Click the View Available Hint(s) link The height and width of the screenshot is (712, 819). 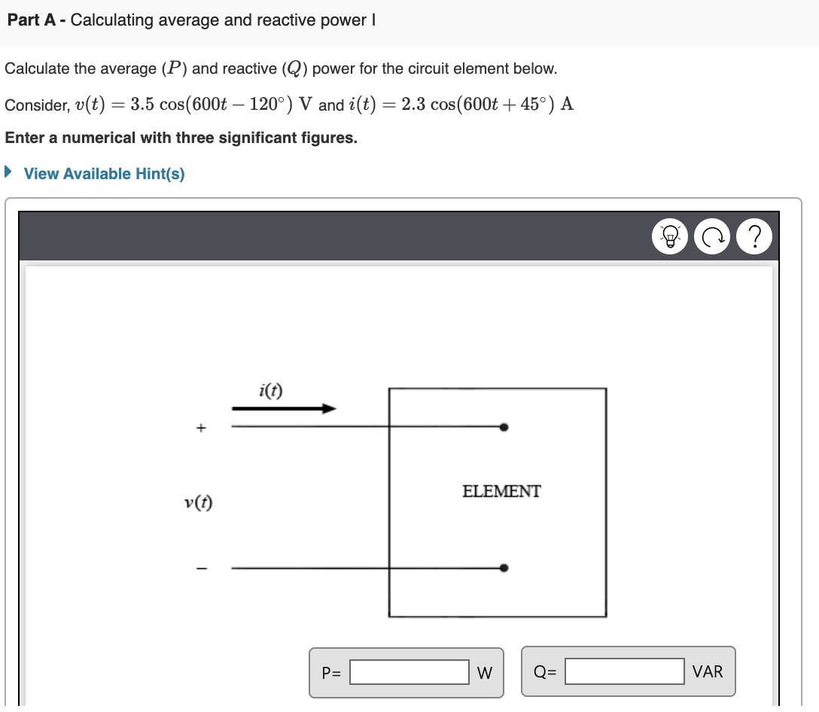[x=104, y=174]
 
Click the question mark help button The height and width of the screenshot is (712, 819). [x=755, y=236]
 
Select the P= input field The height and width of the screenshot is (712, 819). [x=409, y=672]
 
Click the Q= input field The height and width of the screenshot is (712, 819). [x=625, y=671]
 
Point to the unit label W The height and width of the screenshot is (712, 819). [x=485, y=673]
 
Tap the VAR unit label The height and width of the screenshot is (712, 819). [x=708, y=671]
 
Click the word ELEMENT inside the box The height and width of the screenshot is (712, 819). [x=501, y=491]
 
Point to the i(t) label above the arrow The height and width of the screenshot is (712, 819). [x=270, y=390]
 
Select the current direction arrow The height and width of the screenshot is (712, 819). [x=284, y=409]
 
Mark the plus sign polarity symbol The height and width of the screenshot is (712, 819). [x=200, y=428]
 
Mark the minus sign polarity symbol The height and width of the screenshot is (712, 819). [x=200, y=568]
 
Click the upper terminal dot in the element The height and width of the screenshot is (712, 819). [x=504, y=428]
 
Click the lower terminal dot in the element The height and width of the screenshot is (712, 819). [x=504, y=567]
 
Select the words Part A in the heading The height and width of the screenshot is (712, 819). [x=32, y=20]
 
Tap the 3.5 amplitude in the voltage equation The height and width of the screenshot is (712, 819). [x=141, y=105]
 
